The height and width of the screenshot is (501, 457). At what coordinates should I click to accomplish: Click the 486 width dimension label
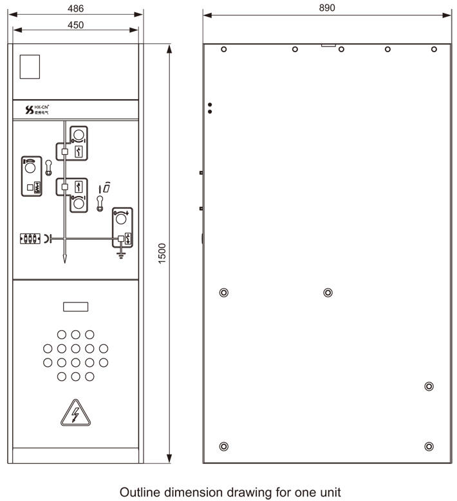click(76, 8)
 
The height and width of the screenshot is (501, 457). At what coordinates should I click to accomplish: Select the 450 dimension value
click(76, 25)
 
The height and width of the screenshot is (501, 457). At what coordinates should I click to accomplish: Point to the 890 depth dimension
click(327, 7)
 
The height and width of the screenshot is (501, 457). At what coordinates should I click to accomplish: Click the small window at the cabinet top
click(30, 66)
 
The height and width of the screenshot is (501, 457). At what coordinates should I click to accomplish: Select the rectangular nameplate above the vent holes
click(75, 307)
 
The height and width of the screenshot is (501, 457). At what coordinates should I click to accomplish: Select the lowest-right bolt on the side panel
click(429, 446)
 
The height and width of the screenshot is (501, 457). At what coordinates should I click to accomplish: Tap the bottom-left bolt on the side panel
click(223, 446)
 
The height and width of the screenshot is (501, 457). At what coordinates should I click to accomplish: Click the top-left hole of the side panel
click(223, 50)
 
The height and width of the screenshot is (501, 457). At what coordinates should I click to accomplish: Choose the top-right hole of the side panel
click(434, 50)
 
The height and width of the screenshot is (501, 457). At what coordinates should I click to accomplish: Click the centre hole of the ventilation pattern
click(75, 348)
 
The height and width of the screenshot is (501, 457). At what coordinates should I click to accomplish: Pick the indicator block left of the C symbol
click(30, 239)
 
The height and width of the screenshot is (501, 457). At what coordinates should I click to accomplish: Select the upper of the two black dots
click(210, 104)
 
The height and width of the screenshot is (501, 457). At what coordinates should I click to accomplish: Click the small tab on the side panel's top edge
click(328, 45)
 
